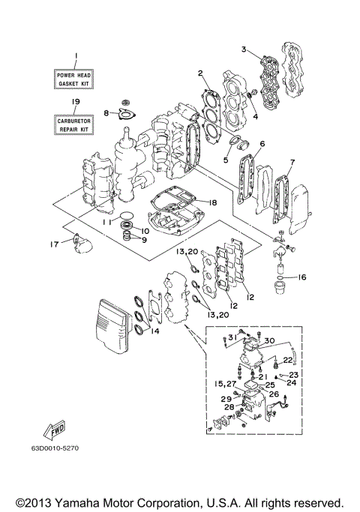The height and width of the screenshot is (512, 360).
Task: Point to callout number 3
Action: (x=244, y=49)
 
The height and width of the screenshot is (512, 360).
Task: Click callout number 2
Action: (x=201, y=73)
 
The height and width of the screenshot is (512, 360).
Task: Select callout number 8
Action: (x=106, y=113)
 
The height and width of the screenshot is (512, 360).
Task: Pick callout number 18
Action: (x=213, y=203)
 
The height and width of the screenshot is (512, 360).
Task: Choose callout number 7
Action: (x=292, y=162)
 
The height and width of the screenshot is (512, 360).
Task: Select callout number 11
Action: (x=107, y=223)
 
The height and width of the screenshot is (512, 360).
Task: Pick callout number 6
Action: (x=262, y=144)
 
